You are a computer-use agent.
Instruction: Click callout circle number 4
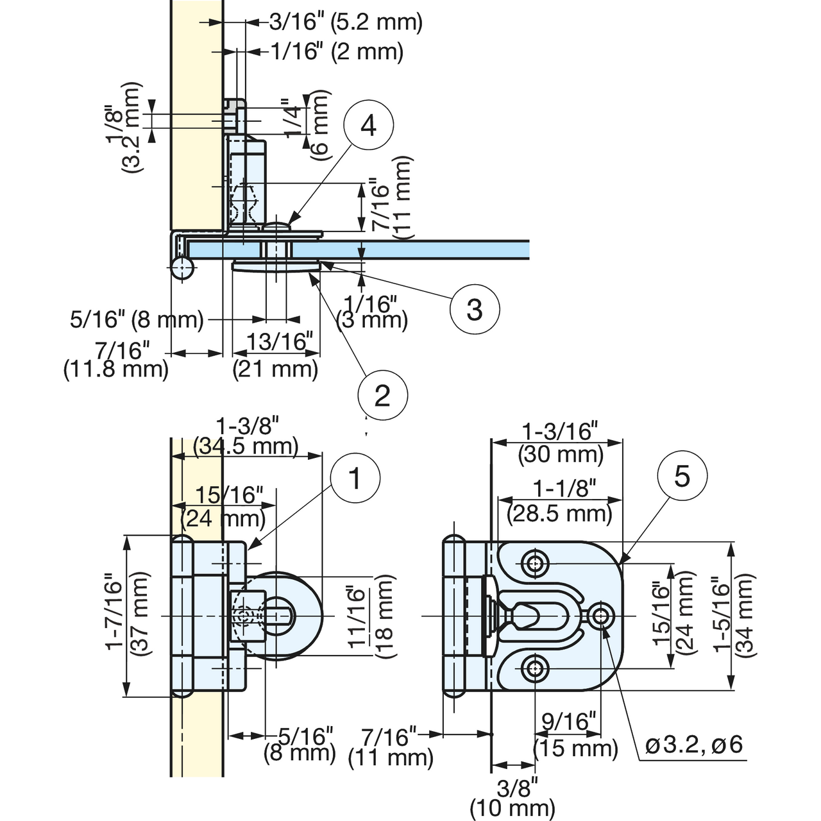pyautogui.click(x=369, y=125)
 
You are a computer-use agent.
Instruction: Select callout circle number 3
pyautogui.click(x=474, y=309)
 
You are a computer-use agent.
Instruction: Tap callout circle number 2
pyautogui.click(x=382, y=395)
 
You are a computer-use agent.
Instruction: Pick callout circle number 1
pyautogui.click(x=355, y=477)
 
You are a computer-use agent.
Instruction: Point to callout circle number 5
pyautogui.click(x=682, y=475)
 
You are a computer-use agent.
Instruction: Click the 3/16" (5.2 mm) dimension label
pyautogui.click(x=346, y=22)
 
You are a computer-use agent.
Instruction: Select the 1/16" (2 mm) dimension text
pyautogui.click(x=337, y=52)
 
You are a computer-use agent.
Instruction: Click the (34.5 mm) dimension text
pyautogui.click(x=246, y=446)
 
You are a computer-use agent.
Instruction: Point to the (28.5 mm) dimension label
pyautogui.click(x=559, y=513)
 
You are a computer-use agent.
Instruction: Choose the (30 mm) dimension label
pyautogui.click(x=561, y=455)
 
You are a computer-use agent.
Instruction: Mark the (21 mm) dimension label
pyautogui.click(x=275, y=369)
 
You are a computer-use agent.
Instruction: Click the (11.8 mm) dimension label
pyautogui.click(x=116, y=369)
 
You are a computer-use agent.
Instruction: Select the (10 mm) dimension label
pyautogui.click(x=512, y=808)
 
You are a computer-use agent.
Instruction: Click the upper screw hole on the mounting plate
pyautogui.click(x=535, y=564)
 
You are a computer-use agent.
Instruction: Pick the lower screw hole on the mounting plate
pyautogui.click(x=535, y=669)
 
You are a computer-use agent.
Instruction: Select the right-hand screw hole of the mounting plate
pyautogui.click(x=601, y=616)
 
